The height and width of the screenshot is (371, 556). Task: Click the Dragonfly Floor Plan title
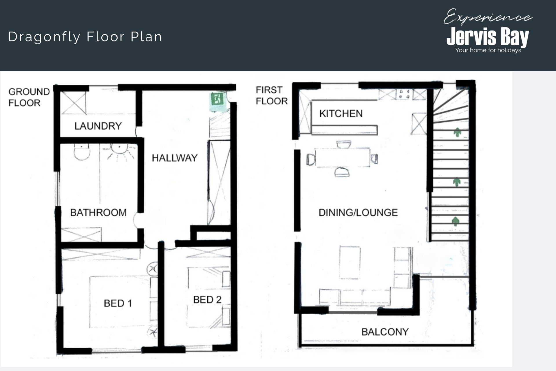[85, 37]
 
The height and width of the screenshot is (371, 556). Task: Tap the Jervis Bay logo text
[488, 37]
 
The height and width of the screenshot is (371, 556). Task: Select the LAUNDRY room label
[98, 126]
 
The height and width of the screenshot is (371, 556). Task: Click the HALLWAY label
[175, 158]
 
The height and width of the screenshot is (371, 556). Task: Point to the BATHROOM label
[98, 212]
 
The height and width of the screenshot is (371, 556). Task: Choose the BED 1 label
[118, 303]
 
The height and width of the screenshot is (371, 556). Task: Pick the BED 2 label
[207, 299]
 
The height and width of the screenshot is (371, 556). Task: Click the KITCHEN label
[341, 113]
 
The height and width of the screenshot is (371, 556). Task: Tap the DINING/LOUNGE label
[358, 212]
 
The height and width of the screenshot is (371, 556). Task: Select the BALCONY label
[385, 332]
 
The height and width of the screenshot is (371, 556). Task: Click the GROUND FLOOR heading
[29, 97]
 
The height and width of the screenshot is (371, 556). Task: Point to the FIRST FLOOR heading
[272, 95]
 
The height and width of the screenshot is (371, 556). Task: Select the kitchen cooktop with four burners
[405, 94]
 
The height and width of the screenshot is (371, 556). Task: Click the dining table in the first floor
[343, 157]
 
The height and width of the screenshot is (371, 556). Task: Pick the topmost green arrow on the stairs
[457, 132]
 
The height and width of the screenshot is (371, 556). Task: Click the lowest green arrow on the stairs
[456, 221]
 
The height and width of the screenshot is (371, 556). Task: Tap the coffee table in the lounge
[350, 262]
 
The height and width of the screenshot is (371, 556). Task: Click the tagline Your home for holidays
[488, 50]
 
